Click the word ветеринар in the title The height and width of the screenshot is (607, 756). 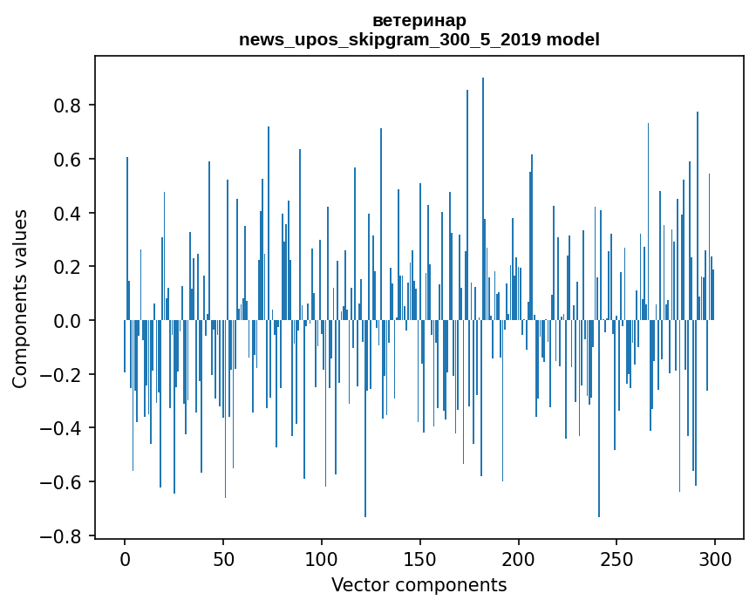click(x=419, y=20)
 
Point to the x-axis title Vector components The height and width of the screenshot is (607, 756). click(x=419, y=585)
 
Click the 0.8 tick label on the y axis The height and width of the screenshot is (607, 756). click(x=67, y=106)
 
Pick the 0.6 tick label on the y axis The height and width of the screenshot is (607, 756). click(x=67, y=160)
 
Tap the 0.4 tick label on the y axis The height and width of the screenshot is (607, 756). click(x=67, y=214)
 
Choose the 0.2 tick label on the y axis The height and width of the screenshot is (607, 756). click(x=67, y=267)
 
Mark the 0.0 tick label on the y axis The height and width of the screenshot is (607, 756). click(x=67, y=321)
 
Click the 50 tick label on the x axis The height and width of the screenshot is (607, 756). click(x=223, y=559)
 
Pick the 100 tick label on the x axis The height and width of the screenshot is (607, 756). click(x=322, y=559)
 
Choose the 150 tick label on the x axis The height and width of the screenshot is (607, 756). click(x=420, y=559)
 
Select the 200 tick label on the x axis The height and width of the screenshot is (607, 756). click(x=519, y=559)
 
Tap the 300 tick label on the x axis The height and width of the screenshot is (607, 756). click(x=715, y=559)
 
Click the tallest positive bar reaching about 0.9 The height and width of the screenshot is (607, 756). click(x=483, y=201)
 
